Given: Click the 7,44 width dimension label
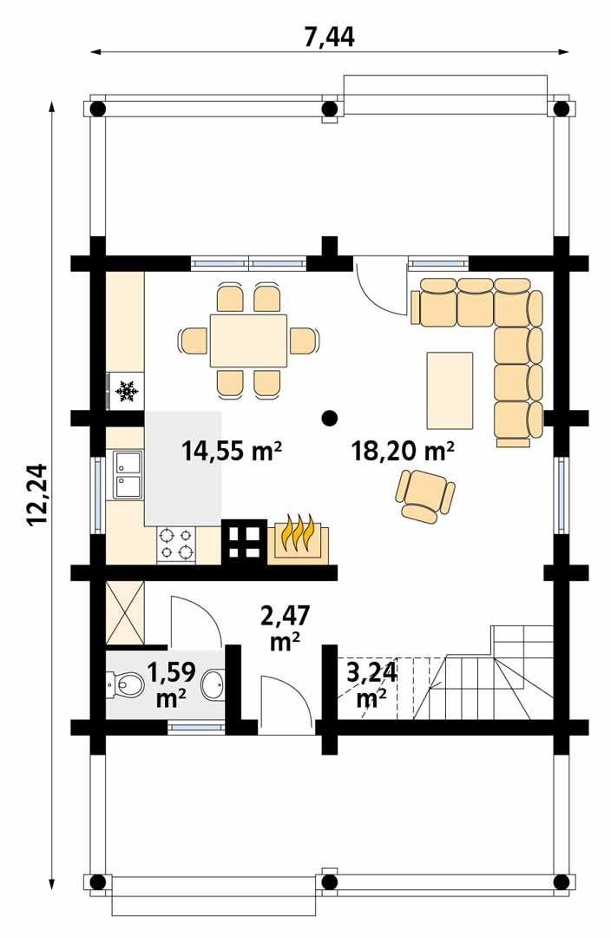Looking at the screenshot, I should (330, 37).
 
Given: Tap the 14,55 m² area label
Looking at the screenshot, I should (233, 451).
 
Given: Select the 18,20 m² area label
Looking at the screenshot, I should (404, 451).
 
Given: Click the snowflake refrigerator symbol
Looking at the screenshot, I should (128, 391).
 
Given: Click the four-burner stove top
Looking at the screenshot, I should (176, 544).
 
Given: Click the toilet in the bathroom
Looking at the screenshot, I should (124, 686).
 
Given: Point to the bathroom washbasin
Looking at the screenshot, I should (213, 686).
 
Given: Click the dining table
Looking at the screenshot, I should (247, 340).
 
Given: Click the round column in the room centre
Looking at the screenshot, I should (329, 418).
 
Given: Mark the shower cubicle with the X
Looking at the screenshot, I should (125, 614).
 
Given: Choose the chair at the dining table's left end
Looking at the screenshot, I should (193, 340).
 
